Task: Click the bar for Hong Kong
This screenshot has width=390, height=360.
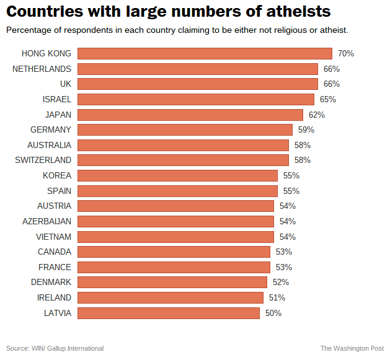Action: click(205, 54)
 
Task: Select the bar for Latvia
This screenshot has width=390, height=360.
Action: click(168, 313)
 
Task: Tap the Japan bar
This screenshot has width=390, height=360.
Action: click(190, 115)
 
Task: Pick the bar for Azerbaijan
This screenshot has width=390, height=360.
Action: click(175, 221)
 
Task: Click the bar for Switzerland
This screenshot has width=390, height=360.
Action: click(183, 160)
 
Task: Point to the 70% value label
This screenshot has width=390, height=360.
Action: click(345, 54)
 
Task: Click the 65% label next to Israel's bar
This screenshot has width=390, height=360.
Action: click(327, 99)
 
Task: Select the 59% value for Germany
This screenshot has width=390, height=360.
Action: click(306, 130)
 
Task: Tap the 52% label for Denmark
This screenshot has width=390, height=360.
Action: click(280, 282)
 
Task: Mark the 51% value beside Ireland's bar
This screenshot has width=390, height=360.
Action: click(277, 297)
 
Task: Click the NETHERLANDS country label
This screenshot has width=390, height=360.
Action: click(42, 69)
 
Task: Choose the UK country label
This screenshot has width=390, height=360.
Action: click(65, 84)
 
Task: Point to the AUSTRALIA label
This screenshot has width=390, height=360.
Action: click(49, 145)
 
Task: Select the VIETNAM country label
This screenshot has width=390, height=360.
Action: click(53, 237)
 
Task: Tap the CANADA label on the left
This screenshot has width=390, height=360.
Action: click(55, 252)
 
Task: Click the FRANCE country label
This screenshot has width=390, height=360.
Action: click(55, 267)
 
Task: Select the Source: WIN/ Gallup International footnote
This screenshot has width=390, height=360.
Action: click(55, 348)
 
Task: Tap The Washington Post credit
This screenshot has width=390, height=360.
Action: click(352, 348)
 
